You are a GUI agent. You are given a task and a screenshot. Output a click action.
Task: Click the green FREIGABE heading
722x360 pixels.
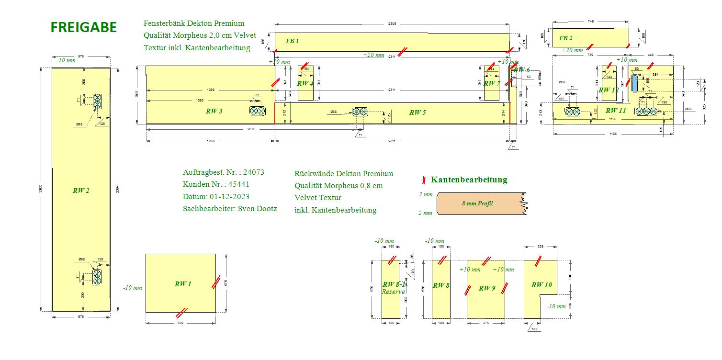point(84,28)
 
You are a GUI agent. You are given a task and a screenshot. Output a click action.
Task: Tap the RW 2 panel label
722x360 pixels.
point(81,191)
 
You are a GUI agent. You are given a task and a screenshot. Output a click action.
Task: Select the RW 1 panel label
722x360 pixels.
point(183,284)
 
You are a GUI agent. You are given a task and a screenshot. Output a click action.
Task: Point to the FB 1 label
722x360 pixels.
point(292,41)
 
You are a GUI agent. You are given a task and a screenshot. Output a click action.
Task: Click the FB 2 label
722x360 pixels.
point(565,38)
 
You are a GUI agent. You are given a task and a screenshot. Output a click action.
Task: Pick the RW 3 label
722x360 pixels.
point(214,112)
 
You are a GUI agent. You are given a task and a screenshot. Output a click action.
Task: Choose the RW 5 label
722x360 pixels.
point(417,112)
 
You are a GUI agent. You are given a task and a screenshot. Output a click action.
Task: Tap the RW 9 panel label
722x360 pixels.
point(486,288)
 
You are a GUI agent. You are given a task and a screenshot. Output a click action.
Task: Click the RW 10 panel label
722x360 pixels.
point(541,285)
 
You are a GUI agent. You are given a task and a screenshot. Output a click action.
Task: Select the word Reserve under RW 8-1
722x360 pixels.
point(394,292)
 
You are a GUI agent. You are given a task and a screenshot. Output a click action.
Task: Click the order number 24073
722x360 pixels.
point(254,172)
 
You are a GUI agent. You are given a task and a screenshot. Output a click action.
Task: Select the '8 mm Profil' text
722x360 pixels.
point(477,203)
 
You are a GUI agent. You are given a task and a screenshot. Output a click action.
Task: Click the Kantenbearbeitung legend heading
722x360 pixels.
point(469,180)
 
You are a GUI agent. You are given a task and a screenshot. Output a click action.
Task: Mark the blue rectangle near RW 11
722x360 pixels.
point(635,84)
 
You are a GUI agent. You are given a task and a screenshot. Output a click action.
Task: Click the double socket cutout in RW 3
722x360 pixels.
point(258,111)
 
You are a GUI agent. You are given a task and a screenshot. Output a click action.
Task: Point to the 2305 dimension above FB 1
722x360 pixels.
point(393,23)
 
